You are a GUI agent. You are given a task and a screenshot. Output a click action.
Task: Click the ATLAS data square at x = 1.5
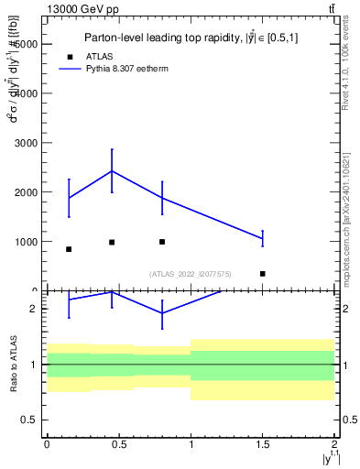(x=262, y=273)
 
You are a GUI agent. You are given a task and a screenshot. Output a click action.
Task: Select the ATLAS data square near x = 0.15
(x=69, y=249)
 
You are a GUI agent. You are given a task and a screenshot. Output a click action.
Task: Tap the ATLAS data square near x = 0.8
(x=162, y=242)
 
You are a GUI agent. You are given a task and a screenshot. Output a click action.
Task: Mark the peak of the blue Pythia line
(x=112, y=170)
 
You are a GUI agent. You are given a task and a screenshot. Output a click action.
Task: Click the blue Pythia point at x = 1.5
(x=262, y=238)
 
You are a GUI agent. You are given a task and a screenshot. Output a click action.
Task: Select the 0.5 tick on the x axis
(x=119, y=443)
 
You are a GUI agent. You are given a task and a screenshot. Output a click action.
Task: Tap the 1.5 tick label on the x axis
(x=262, y=443)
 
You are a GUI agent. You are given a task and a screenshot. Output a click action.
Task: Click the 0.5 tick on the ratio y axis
(x=30, y=420)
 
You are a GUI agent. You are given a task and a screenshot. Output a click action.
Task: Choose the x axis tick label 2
(x=334, y=443)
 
